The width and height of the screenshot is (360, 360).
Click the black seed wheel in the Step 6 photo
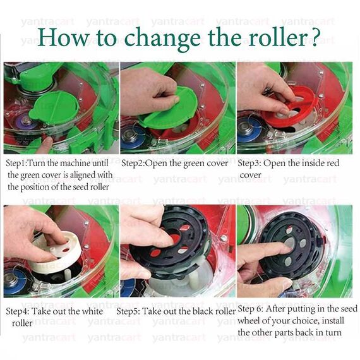(x=290, y=250)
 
